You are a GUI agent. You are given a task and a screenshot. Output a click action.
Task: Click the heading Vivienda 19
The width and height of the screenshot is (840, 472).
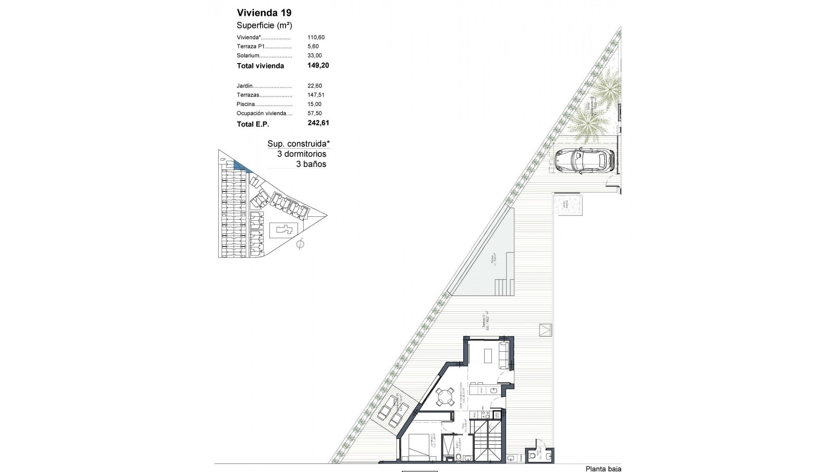[x=264, y=13]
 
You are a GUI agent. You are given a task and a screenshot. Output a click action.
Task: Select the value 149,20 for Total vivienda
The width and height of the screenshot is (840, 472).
[x=318, y=66]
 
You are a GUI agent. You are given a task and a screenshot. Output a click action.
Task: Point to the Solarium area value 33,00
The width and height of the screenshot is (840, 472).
[x=315, y=56]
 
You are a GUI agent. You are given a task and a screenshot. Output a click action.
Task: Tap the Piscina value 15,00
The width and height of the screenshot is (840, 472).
[x=315, y=104]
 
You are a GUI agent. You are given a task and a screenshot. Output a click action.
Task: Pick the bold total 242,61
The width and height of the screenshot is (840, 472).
[x=318, y=123]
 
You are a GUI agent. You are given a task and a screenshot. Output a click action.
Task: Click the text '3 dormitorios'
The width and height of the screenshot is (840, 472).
[x=301, y=154]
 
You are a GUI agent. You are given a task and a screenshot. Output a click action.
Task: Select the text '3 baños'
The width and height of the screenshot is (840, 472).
[x=311, y=164]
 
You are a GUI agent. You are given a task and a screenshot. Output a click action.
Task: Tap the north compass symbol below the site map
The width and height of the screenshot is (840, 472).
[x=300, y=244]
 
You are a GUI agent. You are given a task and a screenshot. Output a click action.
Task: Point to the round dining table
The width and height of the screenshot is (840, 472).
[x=444, y=397]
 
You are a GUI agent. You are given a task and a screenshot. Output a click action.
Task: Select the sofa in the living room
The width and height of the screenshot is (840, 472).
[x=504, y=355]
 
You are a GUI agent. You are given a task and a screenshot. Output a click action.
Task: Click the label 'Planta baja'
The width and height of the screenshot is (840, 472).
[x=603, y=469]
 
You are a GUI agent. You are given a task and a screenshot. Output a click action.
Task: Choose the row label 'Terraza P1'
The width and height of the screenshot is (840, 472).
[x=251, y=46]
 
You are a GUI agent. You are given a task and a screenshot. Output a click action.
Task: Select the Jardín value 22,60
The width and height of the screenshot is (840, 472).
[x=315, y=86]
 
